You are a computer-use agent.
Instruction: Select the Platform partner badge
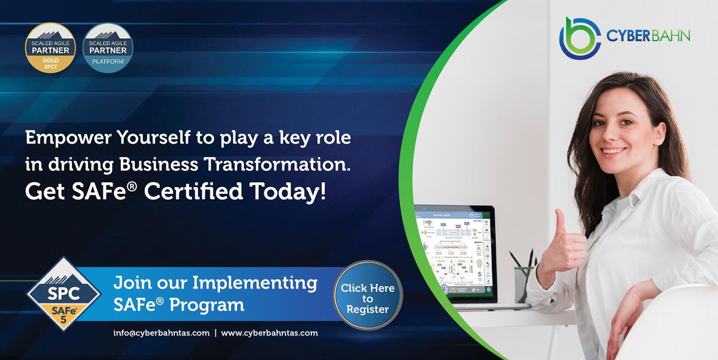(108, 48)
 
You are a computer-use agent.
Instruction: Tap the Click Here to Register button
(367, 298)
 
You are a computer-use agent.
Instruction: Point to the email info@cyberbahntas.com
(161, 333)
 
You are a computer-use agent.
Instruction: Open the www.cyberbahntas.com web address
(269, 333)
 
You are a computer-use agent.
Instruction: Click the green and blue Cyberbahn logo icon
(579, 38)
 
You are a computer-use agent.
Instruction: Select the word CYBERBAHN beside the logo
(648, 36)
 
